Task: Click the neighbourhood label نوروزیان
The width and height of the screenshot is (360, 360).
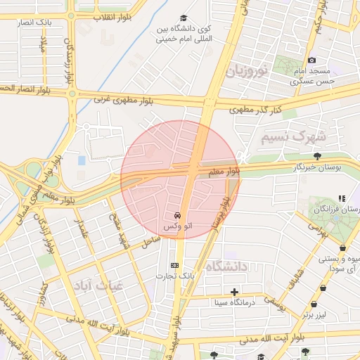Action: (x=246, y=72)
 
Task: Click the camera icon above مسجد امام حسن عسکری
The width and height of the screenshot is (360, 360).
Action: (x=312, y=60)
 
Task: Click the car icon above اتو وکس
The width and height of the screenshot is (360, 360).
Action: (x=176, y=215)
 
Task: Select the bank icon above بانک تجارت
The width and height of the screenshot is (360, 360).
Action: (x=175, y=265)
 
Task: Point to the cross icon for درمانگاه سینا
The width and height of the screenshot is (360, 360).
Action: (x=234, y=292)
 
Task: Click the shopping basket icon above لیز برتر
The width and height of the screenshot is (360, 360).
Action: (x=314, y=304)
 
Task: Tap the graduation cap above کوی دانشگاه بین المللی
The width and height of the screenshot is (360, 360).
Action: (x=184, y=18)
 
